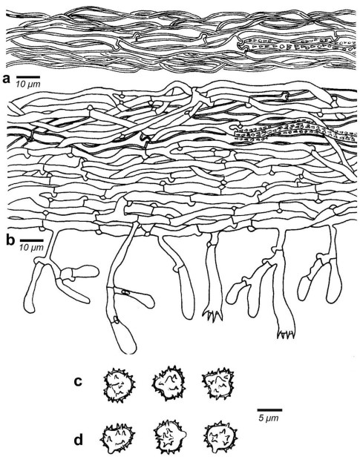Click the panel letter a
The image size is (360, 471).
(x=6, y=79)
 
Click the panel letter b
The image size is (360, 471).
(x=10, y=240)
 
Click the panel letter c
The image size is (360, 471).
(x=78, y=382)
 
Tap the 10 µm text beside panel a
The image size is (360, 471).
(x=27, y=85)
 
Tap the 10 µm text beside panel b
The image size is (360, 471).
(x=32, y=248)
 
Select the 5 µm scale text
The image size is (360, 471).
(x=269, y=418)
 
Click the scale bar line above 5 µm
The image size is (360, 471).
(x=269, y=409)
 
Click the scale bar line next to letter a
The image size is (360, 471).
(x=27, y=77)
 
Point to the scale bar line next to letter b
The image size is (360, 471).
(x=32, y=240)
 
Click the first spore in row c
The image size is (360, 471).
(x=120, y=385)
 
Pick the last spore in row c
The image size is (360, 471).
(x=218, y=383)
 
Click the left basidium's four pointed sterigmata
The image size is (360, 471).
(x=213, y=315)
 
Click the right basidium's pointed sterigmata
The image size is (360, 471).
(x=287, y=334)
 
